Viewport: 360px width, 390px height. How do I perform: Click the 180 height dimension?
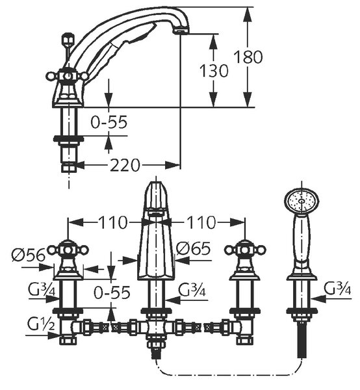click(248, 57)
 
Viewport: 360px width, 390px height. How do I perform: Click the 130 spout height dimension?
click(214, 71)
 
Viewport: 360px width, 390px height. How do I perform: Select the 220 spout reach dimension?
click(125, 165)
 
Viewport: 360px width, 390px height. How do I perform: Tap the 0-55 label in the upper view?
click(109, 122)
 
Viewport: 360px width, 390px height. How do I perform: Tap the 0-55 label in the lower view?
click(112, 292)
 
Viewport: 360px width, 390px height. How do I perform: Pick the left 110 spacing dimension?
click(113, 222)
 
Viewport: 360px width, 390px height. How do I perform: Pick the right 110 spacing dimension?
click(201, 222)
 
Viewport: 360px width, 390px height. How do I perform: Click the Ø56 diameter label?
click(29, 254)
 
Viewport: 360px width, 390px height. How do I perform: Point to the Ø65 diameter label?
click(194, 248)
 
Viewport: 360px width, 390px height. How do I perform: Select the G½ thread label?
click(40, 324)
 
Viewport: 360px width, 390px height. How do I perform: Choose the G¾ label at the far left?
click(42, 289)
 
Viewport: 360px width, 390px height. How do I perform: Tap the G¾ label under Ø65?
click(192, 290)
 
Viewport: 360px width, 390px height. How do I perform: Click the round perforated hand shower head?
click(302, 201)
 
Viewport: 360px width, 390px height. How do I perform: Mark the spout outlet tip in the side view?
click(181, 31)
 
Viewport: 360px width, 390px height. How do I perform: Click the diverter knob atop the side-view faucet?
click(69, 40)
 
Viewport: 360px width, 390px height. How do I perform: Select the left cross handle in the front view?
click(68, 250)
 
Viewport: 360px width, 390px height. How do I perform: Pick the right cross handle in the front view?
click(245, 250)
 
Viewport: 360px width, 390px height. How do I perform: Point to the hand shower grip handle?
click(302, 241)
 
